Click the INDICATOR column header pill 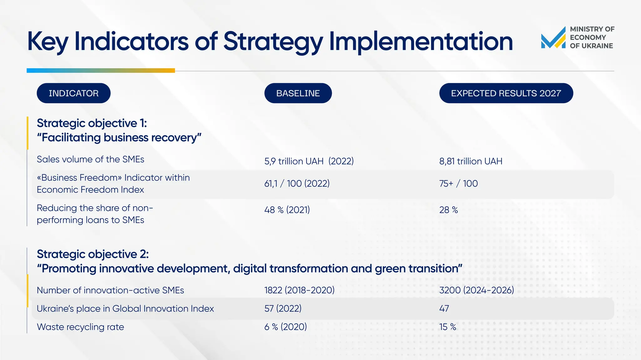pyautogui.click(x=74, y=93)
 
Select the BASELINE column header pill pyautogui.click(x=298, y=93)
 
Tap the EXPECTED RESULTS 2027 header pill pyautogui.click(x=506, y=93)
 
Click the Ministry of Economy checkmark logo pyautogui.click(x=553, y=38)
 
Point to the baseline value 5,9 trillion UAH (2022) pyautogui.click(x=309, y=161)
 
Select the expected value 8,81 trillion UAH pyautogui.click(x=471, y=161)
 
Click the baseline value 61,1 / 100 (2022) pyautogui.click(x=297, y=183)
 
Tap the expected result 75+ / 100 pyautogui.click(x=459, y=183)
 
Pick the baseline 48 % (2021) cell pyautogui.click(x=287, y=210)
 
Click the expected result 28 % pyautogui.click(x=449, y=210)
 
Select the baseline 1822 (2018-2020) pyautogui.click(x=299, y=290)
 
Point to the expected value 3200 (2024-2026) pyautogui.click(x=477, y=290)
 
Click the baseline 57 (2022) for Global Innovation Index pyautogui.click(x=283, y=308)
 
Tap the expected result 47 pyautogui.click(x=444, y=308)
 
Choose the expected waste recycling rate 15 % pyautogui.click(x=448, y=327)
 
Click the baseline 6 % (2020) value pyautogui.click(x=285, y=327)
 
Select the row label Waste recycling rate pyautogui.click(x=80, y=327)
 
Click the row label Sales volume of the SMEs pyautogui.click(x=90, y=159)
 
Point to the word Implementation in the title pyautogui.click(x=421, y=41)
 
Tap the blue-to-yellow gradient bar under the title pyautogui.click(x=100, y=71)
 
